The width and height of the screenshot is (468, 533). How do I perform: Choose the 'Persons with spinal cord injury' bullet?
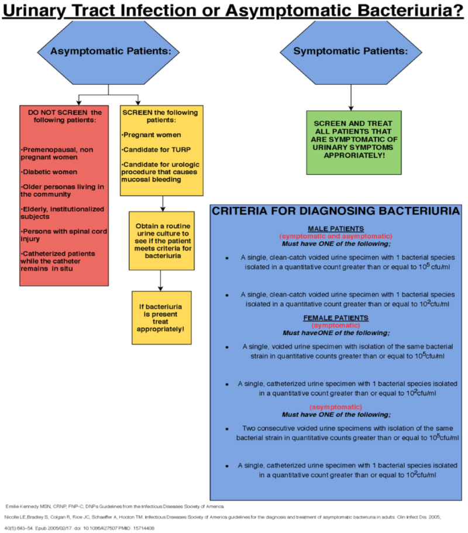(x=63, y=234)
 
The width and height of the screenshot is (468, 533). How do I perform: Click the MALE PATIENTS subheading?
(x=336, y=228)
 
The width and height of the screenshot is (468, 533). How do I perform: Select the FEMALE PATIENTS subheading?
(x=336, y=317)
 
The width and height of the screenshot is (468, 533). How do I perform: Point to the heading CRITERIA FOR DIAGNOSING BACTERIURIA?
(x=336, y=211)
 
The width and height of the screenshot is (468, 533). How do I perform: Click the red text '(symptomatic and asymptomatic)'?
(x=336, y=235)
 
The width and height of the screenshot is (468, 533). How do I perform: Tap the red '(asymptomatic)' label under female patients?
(x=336, y=406)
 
